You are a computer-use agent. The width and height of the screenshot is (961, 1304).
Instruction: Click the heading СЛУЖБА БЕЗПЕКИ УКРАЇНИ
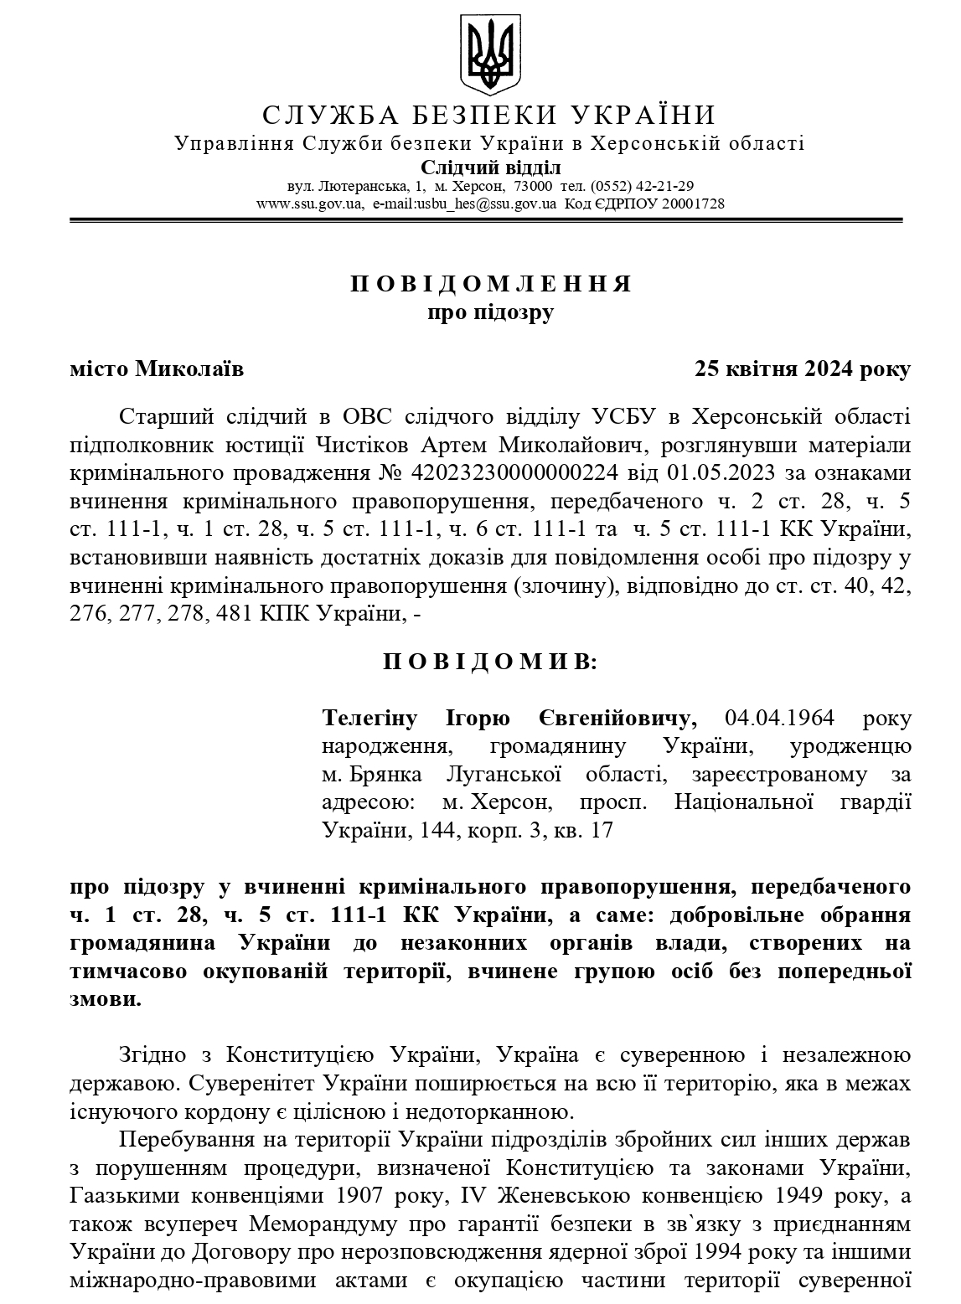coord(489,115)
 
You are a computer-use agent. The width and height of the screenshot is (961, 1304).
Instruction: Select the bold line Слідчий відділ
coord(490,168)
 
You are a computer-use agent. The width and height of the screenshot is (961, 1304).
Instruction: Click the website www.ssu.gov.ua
coord(309,204)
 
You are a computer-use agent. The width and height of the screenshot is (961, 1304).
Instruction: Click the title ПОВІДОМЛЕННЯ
coord(491,283)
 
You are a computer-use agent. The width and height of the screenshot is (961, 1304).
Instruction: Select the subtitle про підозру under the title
coord(491,312)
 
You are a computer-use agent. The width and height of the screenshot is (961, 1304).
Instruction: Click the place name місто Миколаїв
coord(157,369)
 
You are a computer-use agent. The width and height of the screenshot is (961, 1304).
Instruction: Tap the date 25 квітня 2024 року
coord(802,369)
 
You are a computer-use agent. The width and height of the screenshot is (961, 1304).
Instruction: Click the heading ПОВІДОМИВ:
coord(491,662)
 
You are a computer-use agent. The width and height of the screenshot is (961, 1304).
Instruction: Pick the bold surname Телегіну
coord(369,719)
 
